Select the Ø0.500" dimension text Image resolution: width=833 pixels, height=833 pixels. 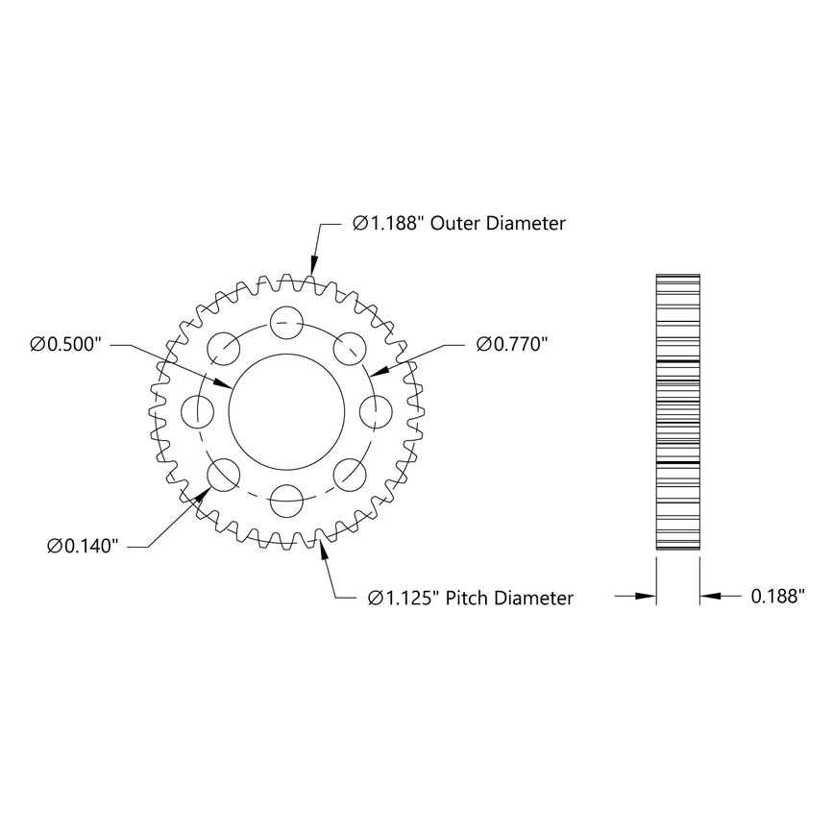(x=65, y=344)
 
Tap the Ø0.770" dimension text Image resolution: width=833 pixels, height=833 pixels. (x=511, y=344)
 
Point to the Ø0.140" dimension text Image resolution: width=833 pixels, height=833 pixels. (x=83, y=547)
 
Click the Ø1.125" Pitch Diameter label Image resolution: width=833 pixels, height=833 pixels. (x=470, y=598)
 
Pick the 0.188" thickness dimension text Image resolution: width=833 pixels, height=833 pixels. (x=775, y=597)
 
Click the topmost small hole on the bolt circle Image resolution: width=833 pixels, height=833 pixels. (x=285, y=321)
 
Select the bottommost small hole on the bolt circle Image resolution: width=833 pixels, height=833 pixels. (x=285, y=500)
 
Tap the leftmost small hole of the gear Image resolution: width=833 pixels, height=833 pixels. (x=196, y=411)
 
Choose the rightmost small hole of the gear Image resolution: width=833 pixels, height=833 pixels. (x=375, y=411)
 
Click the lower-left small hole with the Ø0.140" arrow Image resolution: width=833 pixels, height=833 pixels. (x=223, y=474)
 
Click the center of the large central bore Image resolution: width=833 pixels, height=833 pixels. (x=285, y=411)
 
